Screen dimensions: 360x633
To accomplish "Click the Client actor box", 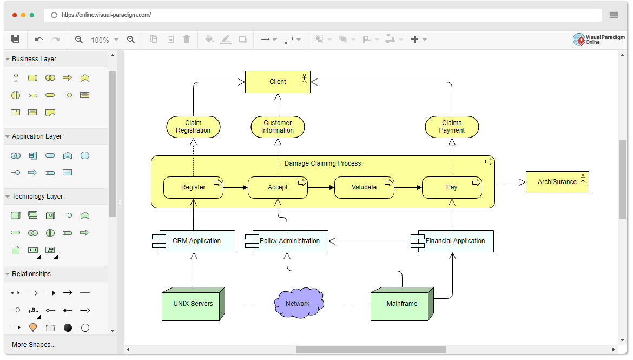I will pyautogui.click(x=278, y=82).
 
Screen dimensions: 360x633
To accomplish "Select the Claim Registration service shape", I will pyautogui.click(x=193, y=127).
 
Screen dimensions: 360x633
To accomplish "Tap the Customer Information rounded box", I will pyautogui.click(x=278, y=127).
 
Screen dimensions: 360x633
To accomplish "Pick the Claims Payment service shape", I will pyautogui.click(x=452, y=127).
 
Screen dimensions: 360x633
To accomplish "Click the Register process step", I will pyautogui.click(x=193, y=187).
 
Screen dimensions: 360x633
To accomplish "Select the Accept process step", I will pyautogui.click(x=278, y=187).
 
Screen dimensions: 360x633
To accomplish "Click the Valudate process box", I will pyautogui.click(x=364, y=187).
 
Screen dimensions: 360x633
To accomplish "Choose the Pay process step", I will pyautogui.click(x=452, y=187).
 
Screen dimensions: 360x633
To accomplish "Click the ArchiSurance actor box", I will pyautogui.click(x=557, y=182).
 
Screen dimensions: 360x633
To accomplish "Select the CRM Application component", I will pyautogui.click(x=196, y=241).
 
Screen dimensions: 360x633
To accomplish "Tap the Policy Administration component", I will pyautogui.click(x=289, y=241).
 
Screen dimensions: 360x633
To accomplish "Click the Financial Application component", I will pyautogui.click(x=455, y=241).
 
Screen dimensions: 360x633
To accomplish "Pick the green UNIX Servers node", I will pyautogui.click(x=193, y=304).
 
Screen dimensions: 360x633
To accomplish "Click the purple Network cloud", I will pyautogui.click(x=298, y=304).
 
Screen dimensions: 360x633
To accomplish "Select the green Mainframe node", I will pyautogui.click(x=402, y=304).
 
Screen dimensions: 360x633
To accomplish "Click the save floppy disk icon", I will pyautogui.click(x=16, y=39).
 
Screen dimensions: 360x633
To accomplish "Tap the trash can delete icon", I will pyautogui.click(x=187, y=40).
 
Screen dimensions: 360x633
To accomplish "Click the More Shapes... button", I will pyautogui.click(x=34, y=345).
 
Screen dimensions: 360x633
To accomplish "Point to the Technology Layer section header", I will pyautogui.click(x=37, y=197).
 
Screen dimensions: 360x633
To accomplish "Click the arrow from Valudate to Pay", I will pyautogui.click(x=408, y=188).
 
